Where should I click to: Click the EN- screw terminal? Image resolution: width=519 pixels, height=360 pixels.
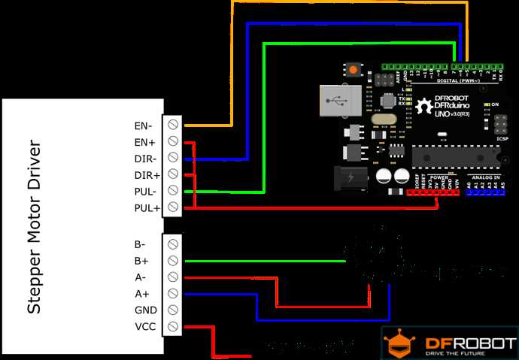click(x=174, y=124)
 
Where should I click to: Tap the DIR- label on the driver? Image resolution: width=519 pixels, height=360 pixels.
click(x=144, y=158)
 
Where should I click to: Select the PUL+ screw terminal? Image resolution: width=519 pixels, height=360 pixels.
click(x=174, y=207)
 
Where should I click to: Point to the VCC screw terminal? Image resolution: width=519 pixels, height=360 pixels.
click(x=174, y=326)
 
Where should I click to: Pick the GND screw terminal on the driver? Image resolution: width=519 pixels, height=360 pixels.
click(x=174, y=310)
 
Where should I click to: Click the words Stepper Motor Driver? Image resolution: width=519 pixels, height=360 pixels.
click(x=35, y=225)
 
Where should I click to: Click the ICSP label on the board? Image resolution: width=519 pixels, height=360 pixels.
click(x=503, y=139)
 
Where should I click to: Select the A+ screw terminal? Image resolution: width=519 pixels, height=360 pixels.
click(x=174, y=293)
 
